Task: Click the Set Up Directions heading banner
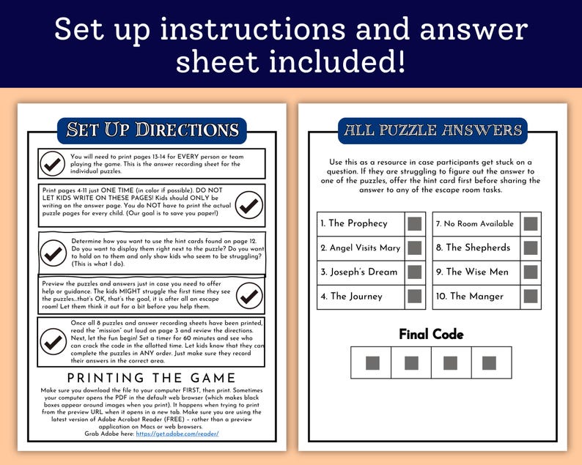[152, 130]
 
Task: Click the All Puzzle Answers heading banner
[432, 130]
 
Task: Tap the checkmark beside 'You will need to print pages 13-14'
[52, 163]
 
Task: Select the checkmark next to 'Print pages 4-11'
[249, 205]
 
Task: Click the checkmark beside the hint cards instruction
[53, 253]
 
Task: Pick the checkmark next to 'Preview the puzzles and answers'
[249, 296]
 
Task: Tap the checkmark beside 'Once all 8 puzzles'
[53, 341]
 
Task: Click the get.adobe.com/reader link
[177, 434]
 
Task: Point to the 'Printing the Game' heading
[152, 378]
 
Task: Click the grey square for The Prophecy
[415, 224]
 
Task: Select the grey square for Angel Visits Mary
[415, 248]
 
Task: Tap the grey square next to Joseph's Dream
[415, 272]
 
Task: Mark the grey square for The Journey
[415, 297]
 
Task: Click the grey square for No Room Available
[531, 224]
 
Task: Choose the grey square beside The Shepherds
[531, 248]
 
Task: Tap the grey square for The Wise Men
[531, 272]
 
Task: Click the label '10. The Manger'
[470, 297]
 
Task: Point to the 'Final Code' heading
[431, 334]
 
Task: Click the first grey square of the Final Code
[372, 363]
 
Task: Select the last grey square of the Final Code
[489, 363]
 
